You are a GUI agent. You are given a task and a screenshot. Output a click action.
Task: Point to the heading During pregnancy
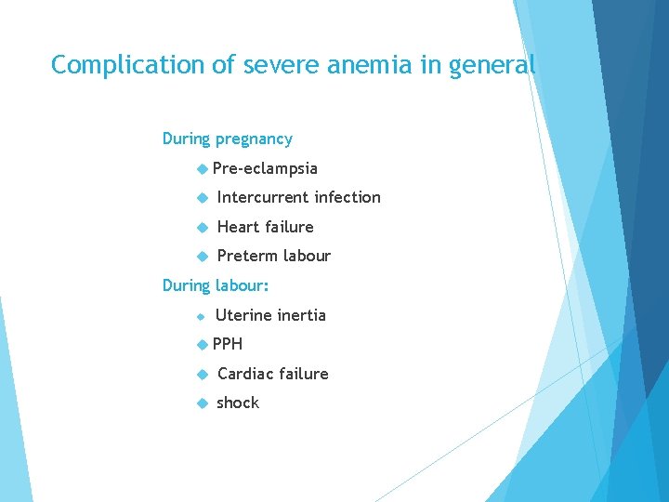[x=227, y=139]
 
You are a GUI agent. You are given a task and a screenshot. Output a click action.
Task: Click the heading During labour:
[x=216, y=285]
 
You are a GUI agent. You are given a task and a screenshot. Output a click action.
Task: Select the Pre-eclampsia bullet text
[x=265, y=168]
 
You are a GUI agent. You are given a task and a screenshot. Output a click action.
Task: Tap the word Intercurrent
[x=263, y=197]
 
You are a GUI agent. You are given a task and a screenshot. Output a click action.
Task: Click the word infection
[x=348, y=197]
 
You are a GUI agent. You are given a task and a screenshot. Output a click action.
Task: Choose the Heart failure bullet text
[x=265, y=227]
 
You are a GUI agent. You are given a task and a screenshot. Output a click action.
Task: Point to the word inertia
[x=303, y=315]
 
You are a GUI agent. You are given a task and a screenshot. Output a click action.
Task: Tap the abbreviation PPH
[x=228, y=344]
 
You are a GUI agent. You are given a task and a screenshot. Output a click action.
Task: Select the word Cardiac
[x=246, y=374]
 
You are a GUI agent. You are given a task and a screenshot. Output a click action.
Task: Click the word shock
[x=238, y=403]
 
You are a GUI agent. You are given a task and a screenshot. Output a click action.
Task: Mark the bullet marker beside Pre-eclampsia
[x=203, y=168]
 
